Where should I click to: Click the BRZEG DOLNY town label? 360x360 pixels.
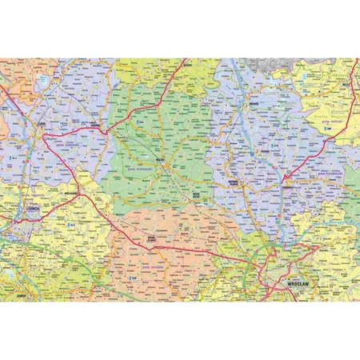(x=194, y=194)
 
